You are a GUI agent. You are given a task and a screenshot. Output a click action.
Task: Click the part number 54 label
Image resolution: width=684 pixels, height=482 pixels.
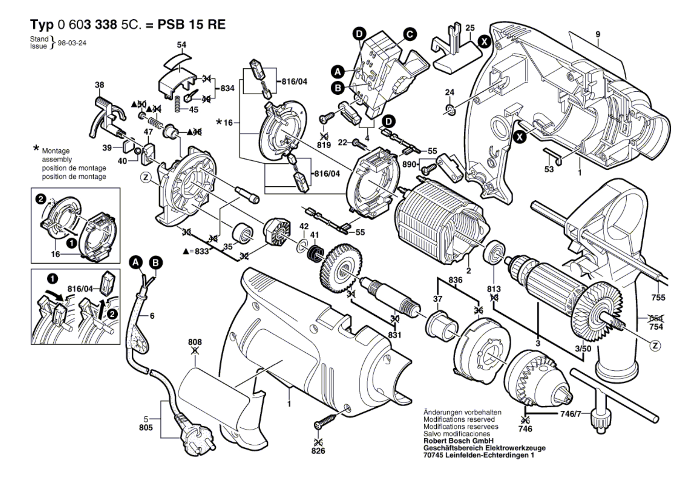pyautogui.click(x=182, y=45)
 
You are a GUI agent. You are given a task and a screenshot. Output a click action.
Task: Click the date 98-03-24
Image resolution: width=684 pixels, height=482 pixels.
pyautogui.click(x=72, y=43)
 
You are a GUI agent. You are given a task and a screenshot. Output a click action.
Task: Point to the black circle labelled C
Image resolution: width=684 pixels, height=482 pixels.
pyautogui.click(x=410, y=34)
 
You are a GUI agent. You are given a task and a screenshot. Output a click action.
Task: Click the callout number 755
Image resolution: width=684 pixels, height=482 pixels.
pyautogui.click(x=658, y=297)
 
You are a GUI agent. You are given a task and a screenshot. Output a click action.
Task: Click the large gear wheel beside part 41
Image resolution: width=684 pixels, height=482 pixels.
pyautogui.click(x=340, y=268)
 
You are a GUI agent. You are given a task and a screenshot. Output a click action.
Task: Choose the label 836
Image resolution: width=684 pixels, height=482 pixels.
pyautogui.click(x=455, y=280)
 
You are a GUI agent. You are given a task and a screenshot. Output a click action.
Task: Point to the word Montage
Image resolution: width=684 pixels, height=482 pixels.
pyautogui.click(x=56, y=151)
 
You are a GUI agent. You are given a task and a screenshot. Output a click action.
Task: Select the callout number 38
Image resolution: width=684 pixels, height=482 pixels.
pyautogui.click(x=99, y=85)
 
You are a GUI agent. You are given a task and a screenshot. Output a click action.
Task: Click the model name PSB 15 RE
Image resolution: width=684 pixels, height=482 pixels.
pyautogui.click(x=191, y=25)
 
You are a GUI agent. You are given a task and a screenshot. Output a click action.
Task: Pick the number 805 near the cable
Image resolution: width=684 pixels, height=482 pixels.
pyautogui.click(x=146, y=427)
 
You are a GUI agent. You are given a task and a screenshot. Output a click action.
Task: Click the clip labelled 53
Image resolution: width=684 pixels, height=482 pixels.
pyautogui.click(x=553, y=155)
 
